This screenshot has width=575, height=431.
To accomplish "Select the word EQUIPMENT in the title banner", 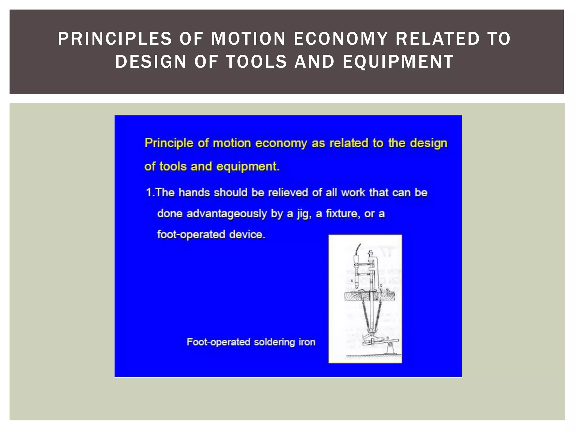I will (x=398, y=62).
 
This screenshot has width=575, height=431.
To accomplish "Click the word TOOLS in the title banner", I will (x=257, y=62).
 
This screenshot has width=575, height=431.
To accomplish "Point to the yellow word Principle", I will (x=169, y=143).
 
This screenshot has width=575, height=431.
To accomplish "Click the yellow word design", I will (x=428, y=143).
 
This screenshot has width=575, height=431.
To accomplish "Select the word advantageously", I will (x=227, y=214).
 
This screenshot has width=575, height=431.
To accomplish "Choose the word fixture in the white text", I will (x=342, y=214).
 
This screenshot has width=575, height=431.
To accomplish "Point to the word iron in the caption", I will (x=307, y=342).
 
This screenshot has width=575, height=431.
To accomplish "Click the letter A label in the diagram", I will (x=352, y=280).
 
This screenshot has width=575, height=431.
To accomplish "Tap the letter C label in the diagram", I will (x=381, y=285).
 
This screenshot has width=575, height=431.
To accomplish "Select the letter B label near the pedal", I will (x=388, y=338).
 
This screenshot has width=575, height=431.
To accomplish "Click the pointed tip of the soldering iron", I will (x=356, y=287).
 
